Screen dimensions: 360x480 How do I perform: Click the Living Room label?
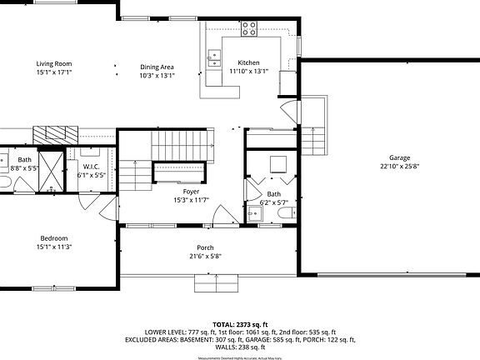(x=53, y=63)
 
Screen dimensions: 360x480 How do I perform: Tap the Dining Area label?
(x=157, y=67)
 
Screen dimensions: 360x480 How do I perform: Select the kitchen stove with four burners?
(x=249, y=29)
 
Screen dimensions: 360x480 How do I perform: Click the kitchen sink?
(x=214, y=57)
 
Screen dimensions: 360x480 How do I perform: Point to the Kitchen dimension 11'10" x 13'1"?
(x=248, y=72)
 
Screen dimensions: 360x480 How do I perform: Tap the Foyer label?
(x=191, y=192)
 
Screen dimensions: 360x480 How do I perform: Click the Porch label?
(x=205, y=247)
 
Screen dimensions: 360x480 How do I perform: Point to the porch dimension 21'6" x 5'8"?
(x=205, y=256)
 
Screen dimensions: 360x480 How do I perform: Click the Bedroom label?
(x=53, y=238)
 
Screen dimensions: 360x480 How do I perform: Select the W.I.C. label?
(x=91, y=167)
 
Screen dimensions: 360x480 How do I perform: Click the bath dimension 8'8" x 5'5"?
(x=24, y=167)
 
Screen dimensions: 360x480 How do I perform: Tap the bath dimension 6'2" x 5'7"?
(x=273, y=202)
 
